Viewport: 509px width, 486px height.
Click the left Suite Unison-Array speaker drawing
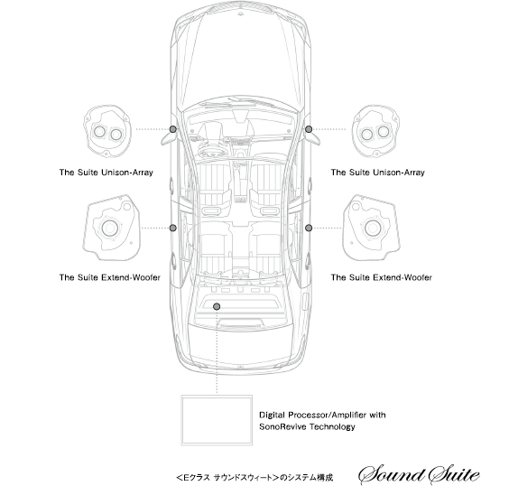pyautogui.click(x=107, y=132)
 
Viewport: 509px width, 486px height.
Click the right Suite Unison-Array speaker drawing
pyautogui.click(x=375, y=132)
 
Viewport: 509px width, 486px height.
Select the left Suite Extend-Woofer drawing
pyautogui.click(x=111, y=228)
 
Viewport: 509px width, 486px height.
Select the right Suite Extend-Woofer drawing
pyautogui.click(x=371, y=228)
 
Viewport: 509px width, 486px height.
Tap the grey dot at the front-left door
pyautogui.click(x=173, y=129)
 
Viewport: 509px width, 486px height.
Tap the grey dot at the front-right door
pyautogui.click(x=309, y=129)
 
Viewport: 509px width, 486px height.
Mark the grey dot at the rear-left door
pyautogui.click(x=173, y=228)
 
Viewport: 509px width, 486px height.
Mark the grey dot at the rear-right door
pyautogui.click(x=309, y=228)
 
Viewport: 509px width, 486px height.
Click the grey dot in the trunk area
pyautogui.click(x=217, y=306)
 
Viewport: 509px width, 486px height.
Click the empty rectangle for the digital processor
pyautogui.click(x=181, y=420)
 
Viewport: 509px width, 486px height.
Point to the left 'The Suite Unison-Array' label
pyautogui.click(x=106, y=173)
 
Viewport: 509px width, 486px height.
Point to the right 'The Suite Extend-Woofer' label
pyautogui.click(x=382, y=277)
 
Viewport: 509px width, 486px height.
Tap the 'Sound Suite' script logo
pyautogui.click(x=419, y=475)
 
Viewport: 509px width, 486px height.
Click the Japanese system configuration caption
pyautogui.click(x=255, y=478)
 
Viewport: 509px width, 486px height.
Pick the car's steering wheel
pyautogui.click(x=213, y=151)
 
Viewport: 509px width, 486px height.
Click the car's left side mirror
pyautogui.click(x=169, y=137)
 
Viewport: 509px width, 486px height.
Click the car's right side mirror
pyautogui.click(x=313, y=137)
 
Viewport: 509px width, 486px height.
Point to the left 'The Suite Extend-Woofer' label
pyautogui.click(x=110, y=277)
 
